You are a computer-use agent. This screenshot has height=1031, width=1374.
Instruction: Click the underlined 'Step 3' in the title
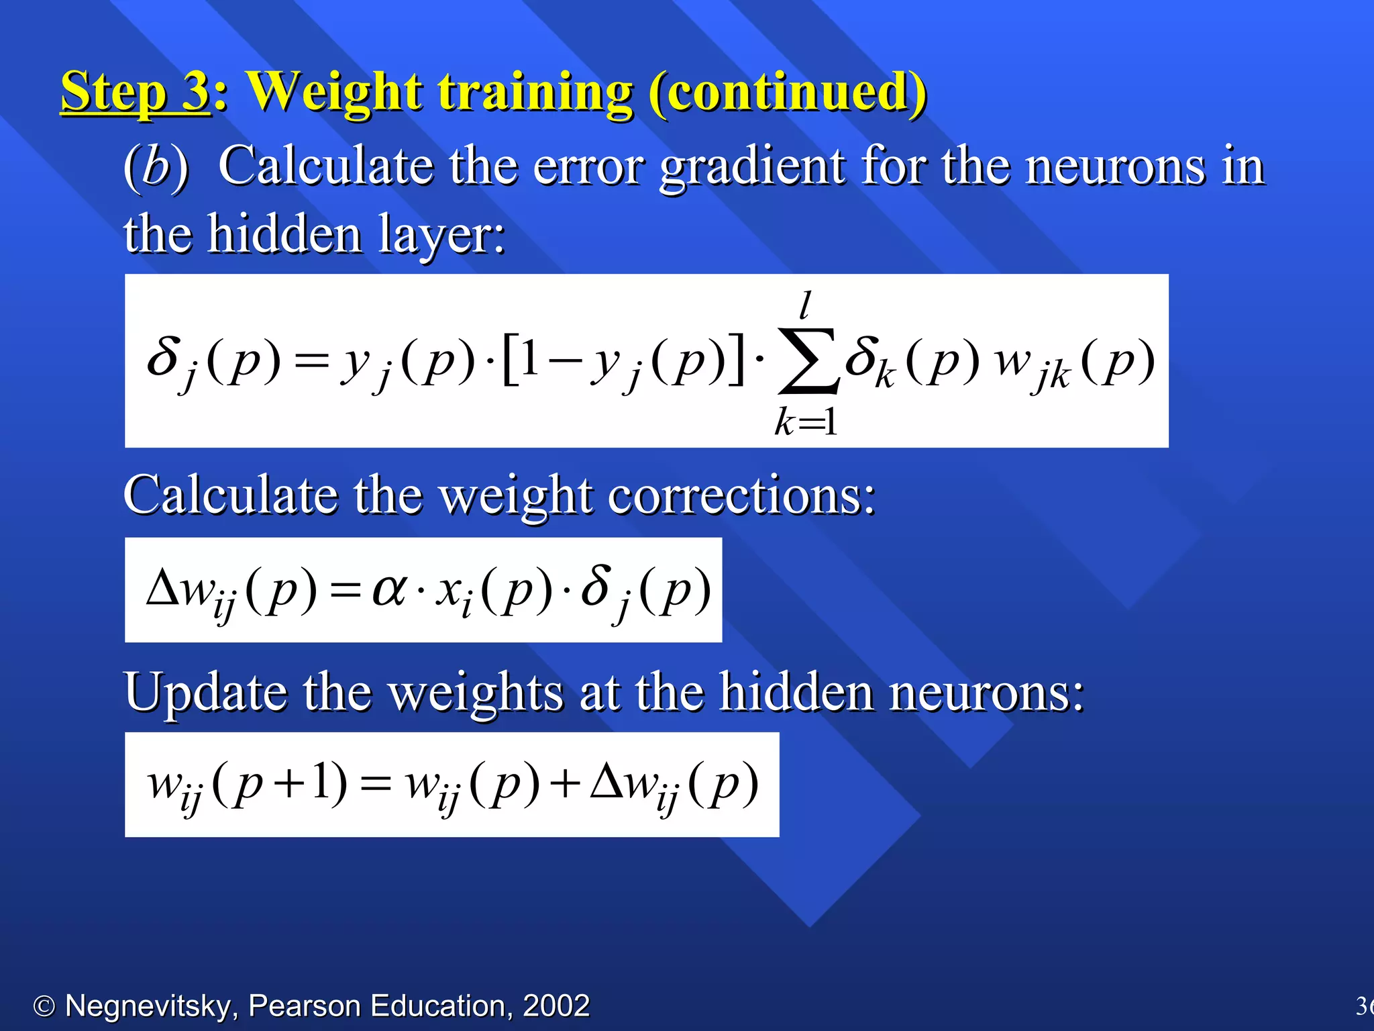[x=136, y=92]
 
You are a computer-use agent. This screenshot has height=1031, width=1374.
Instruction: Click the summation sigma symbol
[x=808, y=360]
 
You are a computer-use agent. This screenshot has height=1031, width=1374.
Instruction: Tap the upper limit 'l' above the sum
[x=806, y=305]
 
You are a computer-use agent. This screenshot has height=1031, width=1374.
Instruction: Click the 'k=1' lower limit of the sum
[x=806, y=423]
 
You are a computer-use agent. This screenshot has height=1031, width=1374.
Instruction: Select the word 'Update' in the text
[x=204, y=692]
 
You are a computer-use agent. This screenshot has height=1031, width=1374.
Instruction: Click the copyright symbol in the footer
[x=44, y=1006]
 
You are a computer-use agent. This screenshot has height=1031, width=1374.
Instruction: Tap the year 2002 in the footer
[x=556, y=1006]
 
